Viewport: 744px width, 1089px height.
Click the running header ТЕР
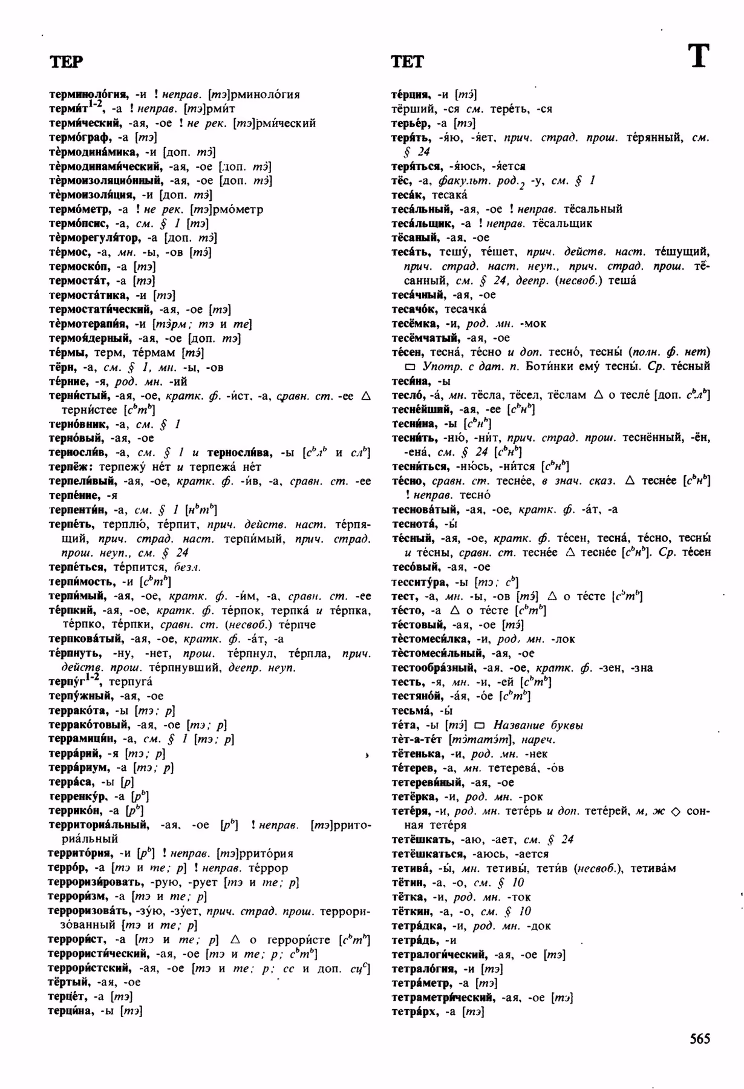[x=66, y=62]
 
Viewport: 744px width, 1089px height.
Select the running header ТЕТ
[x=408, y=62]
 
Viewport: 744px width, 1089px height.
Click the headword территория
[x=80, y=854]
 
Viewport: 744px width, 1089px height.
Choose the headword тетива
[x=410, y=868]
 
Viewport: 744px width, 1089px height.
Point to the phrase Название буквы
[x=538, y=725]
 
